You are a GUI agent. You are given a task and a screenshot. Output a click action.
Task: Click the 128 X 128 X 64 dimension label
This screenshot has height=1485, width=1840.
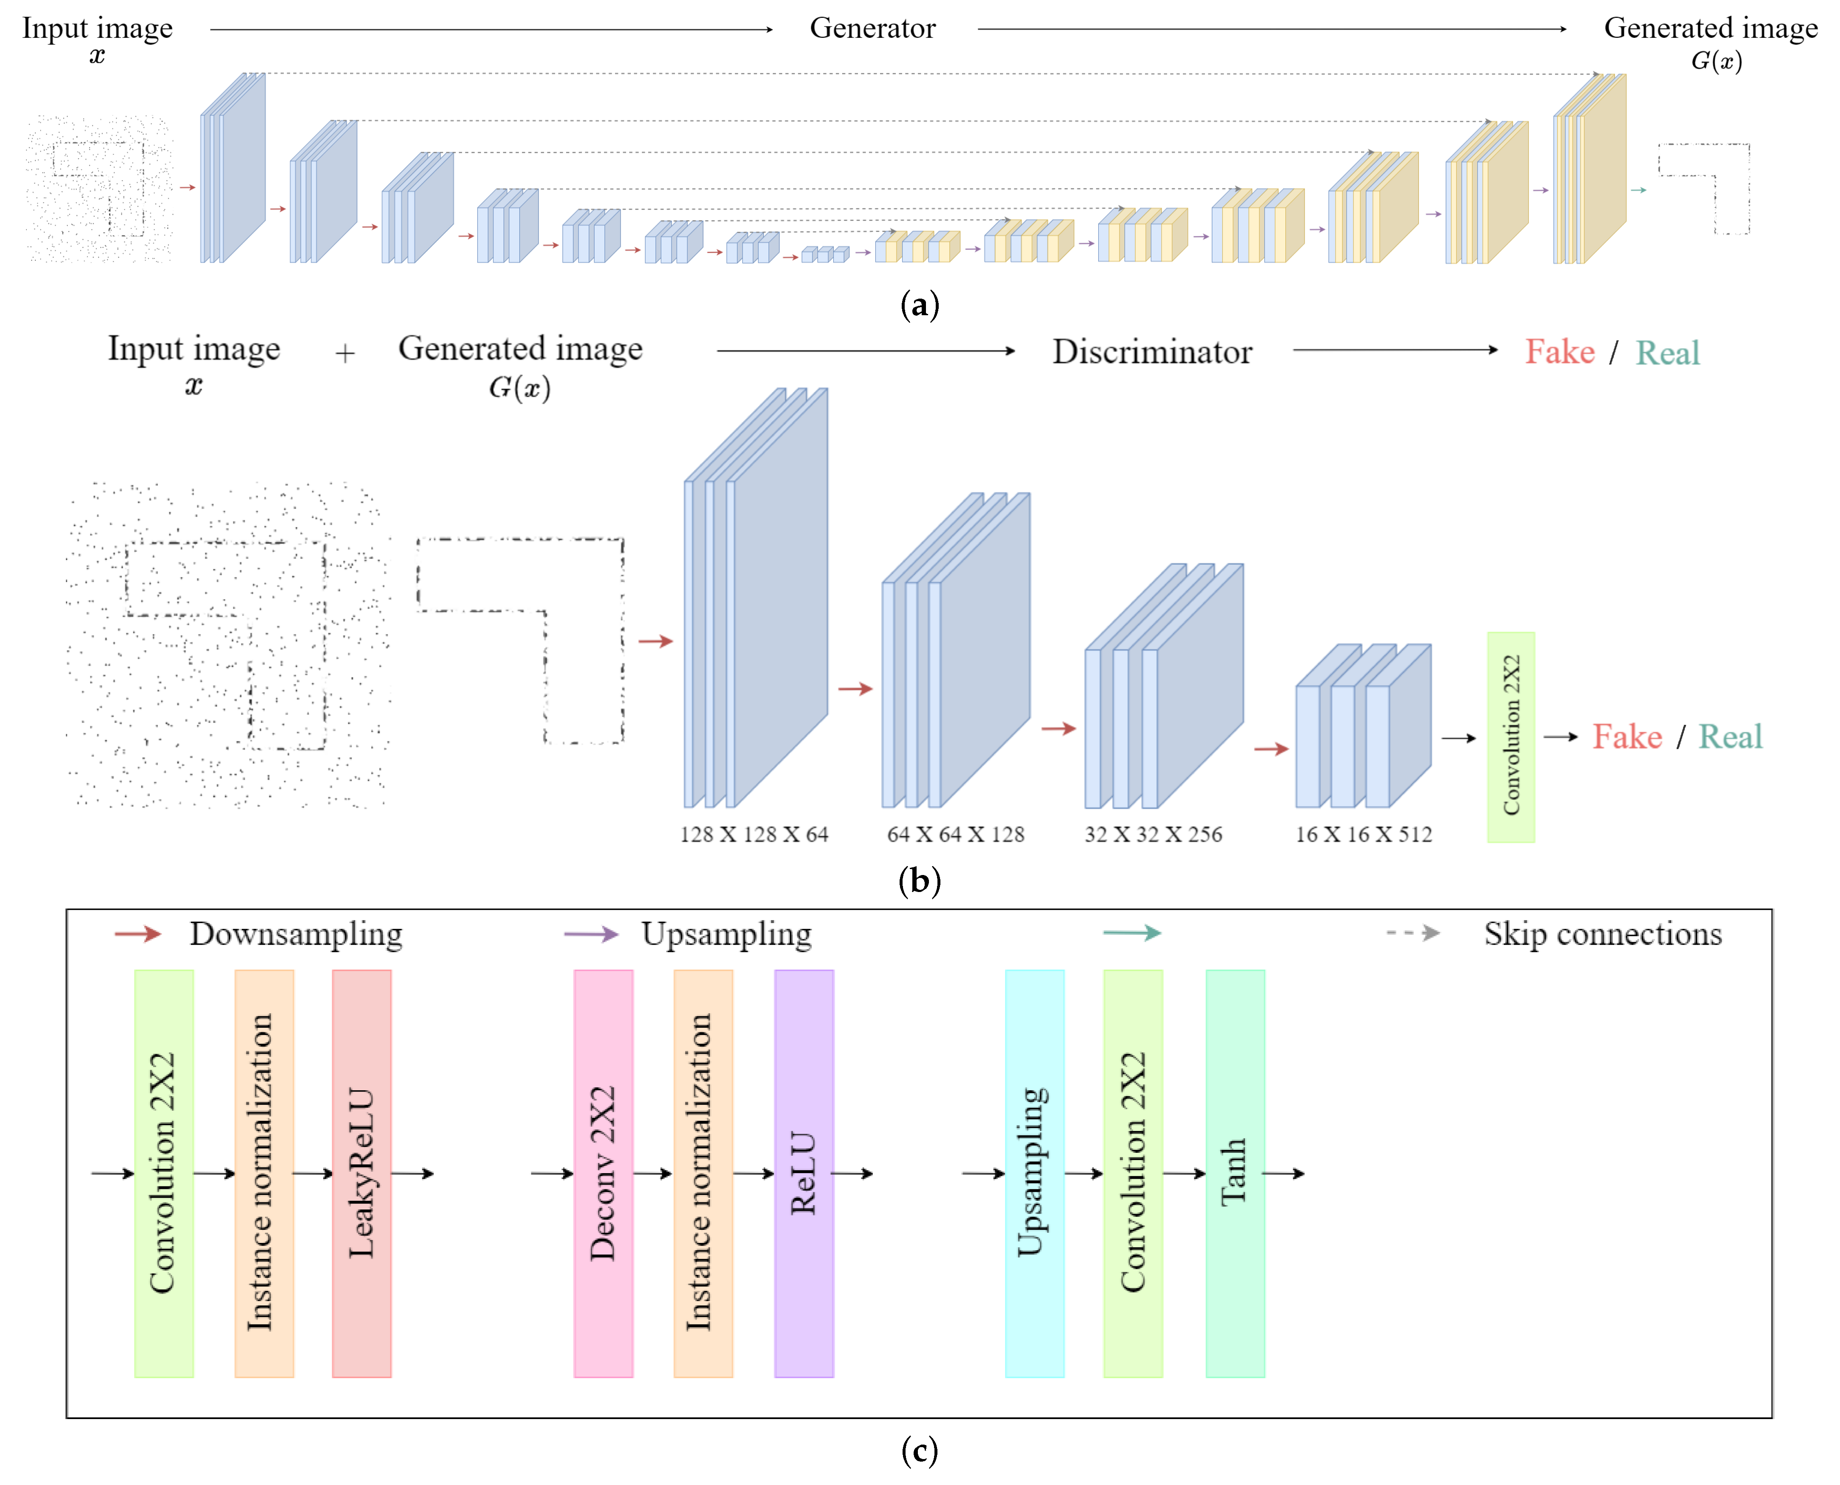point(754,834)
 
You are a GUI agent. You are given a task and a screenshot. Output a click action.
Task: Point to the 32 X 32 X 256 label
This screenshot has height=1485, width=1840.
point(1153,834)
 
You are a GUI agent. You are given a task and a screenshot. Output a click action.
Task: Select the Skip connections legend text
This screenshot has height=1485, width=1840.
point(1602,933)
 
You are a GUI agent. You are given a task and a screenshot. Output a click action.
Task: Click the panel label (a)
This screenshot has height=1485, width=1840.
point(920,305)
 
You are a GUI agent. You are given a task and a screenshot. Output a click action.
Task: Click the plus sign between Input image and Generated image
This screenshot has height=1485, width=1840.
point(345,353)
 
